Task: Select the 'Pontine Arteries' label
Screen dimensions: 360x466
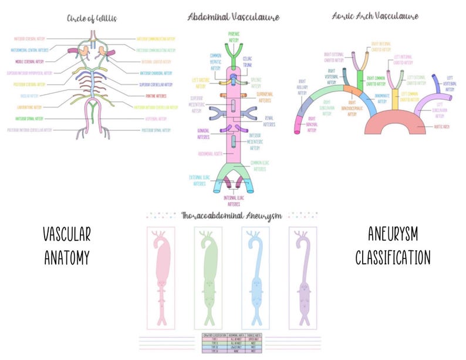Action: pos(152,95)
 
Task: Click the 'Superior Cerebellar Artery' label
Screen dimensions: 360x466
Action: pos(155,84)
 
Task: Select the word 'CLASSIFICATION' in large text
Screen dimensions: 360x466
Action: pos(393,258)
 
